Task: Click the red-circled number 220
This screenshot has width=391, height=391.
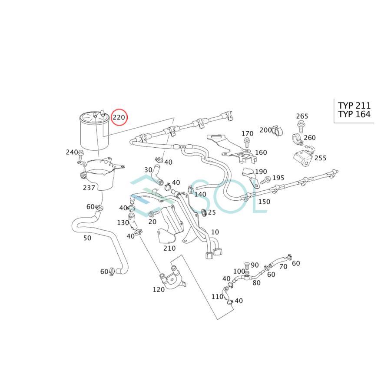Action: pyautogui.click(x=119, y=117)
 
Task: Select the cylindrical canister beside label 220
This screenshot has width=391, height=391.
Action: pyautogui.click(x=93, y=131)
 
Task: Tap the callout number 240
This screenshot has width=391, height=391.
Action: pyautogui.click(x=71, y=152)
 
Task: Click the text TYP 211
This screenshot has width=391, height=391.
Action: pyautogui.click(x=355, y=106)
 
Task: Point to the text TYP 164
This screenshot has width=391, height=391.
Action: pyautogui.click(x=355, y=115)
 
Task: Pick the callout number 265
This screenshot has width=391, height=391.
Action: pyautogui.click(x=302, y=116)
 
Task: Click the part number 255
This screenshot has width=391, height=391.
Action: pyautogui.click(x=320, y=158)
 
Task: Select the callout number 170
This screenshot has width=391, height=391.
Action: pyautogui.click(x=247, y=133)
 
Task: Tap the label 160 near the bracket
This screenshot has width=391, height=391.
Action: pyautogui.click(x=261, y=152)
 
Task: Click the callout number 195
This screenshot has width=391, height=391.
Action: pyautogui.click(x=278, y=178)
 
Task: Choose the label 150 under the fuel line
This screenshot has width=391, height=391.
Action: pyautogui.click(x=264, y=202)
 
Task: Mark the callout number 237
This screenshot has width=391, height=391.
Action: pyautogui.click(x=89, y=188)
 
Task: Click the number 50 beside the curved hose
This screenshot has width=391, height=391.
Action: pyautogui.click(x=87, y=238)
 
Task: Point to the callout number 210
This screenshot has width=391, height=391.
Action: pyautogui.click(x=169, y=248)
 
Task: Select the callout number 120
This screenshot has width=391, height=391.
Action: pyautogui.click(x=159, y=290)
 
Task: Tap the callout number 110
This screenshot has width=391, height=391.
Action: pyautogui.click(x=217, y=297)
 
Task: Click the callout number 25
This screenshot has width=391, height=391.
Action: pyautogui.click(x=212, y=212)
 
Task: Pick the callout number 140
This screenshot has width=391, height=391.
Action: pyautogui.click(x=200, y=194)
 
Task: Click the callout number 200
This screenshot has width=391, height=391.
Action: pyautogui.click(x=265, y=130)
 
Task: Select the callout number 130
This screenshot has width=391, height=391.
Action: pyautogui.click(x=123, y=222)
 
